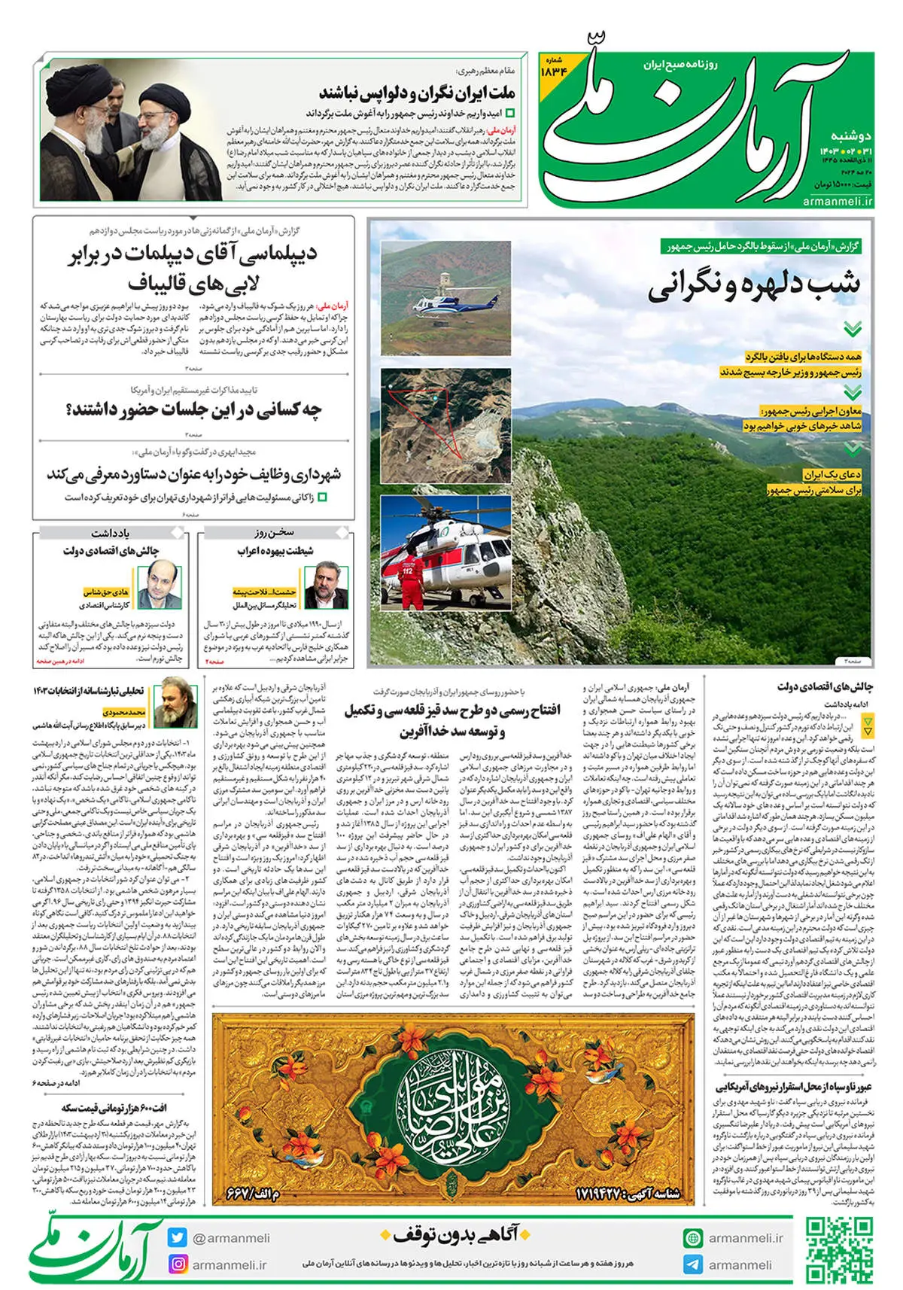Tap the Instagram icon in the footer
click(178, 1264)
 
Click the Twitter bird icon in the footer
click(178, 1237)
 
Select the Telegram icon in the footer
click(693, 1264)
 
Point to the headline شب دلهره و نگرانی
click(753, 286)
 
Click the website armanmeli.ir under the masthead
click(837, 200)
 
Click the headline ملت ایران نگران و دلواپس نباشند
click(417, 93)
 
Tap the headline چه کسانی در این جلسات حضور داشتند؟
click(194, 411)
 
